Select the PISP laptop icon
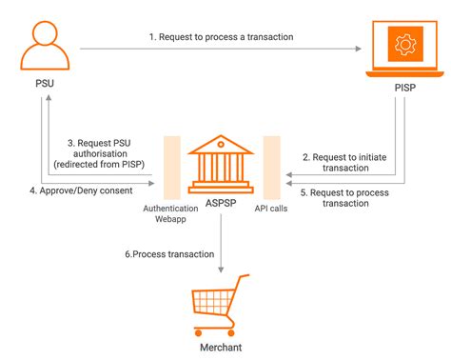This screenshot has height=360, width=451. [x=404, y=50]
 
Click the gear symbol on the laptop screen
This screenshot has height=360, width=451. [x=405, y=44]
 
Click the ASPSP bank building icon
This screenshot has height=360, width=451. [x=221, y=161]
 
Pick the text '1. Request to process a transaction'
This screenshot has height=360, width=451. [x=220, y=36]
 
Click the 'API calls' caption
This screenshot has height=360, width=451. [x=272, y=207]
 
